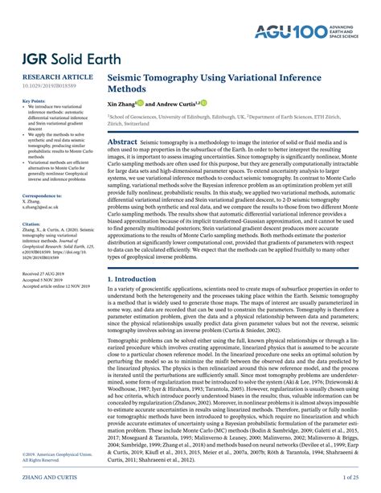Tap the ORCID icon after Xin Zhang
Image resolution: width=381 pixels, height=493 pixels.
click(141, 103)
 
